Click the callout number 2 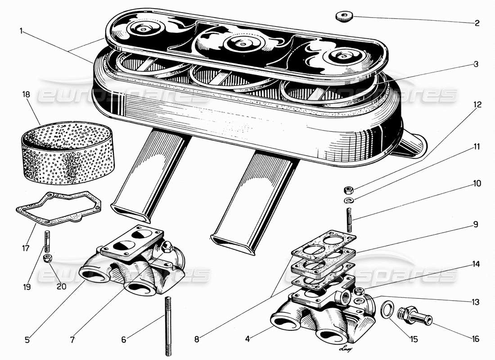point(477,22)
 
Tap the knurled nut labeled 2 point(343,17)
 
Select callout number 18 point(26,94)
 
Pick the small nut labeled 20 point(47,258)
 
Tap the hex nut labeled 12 point(348,189)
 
